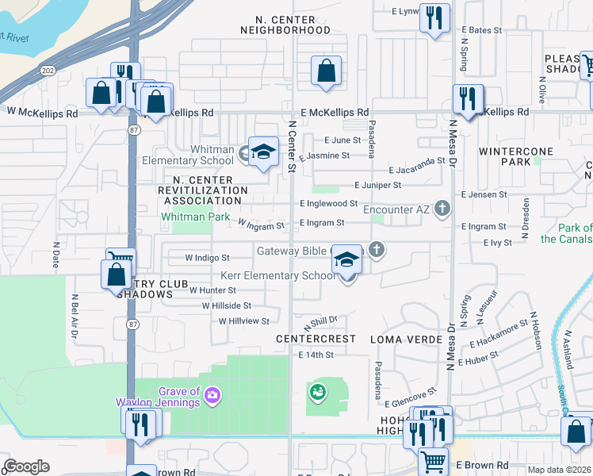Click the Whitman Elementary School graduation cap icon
click(263, 151)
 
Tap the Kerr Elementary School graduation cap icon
click(346, 260)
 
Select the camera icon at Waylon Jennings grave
click(212, 394)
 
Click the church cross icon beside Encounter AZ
click(442, 209)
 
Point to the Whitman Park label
click(195, 217)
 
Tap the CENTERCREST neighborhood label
click(316, 339)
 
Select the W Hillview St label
click(244, 321)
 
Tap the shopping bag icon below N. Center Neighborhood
click(327, 71)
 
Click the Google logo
click(25, 466)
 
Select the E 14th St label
click(318, 355)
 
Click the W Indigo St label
click(207, 258)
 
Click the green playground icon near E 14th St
click(318, 392)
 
